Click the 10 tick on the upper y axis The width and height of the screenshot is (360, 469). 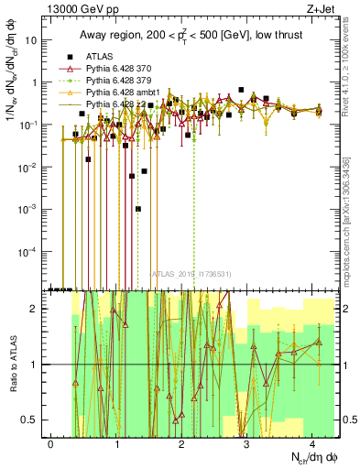point(30,41)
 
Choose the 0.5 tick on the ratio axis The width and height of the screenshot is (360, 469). point(27,420)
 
